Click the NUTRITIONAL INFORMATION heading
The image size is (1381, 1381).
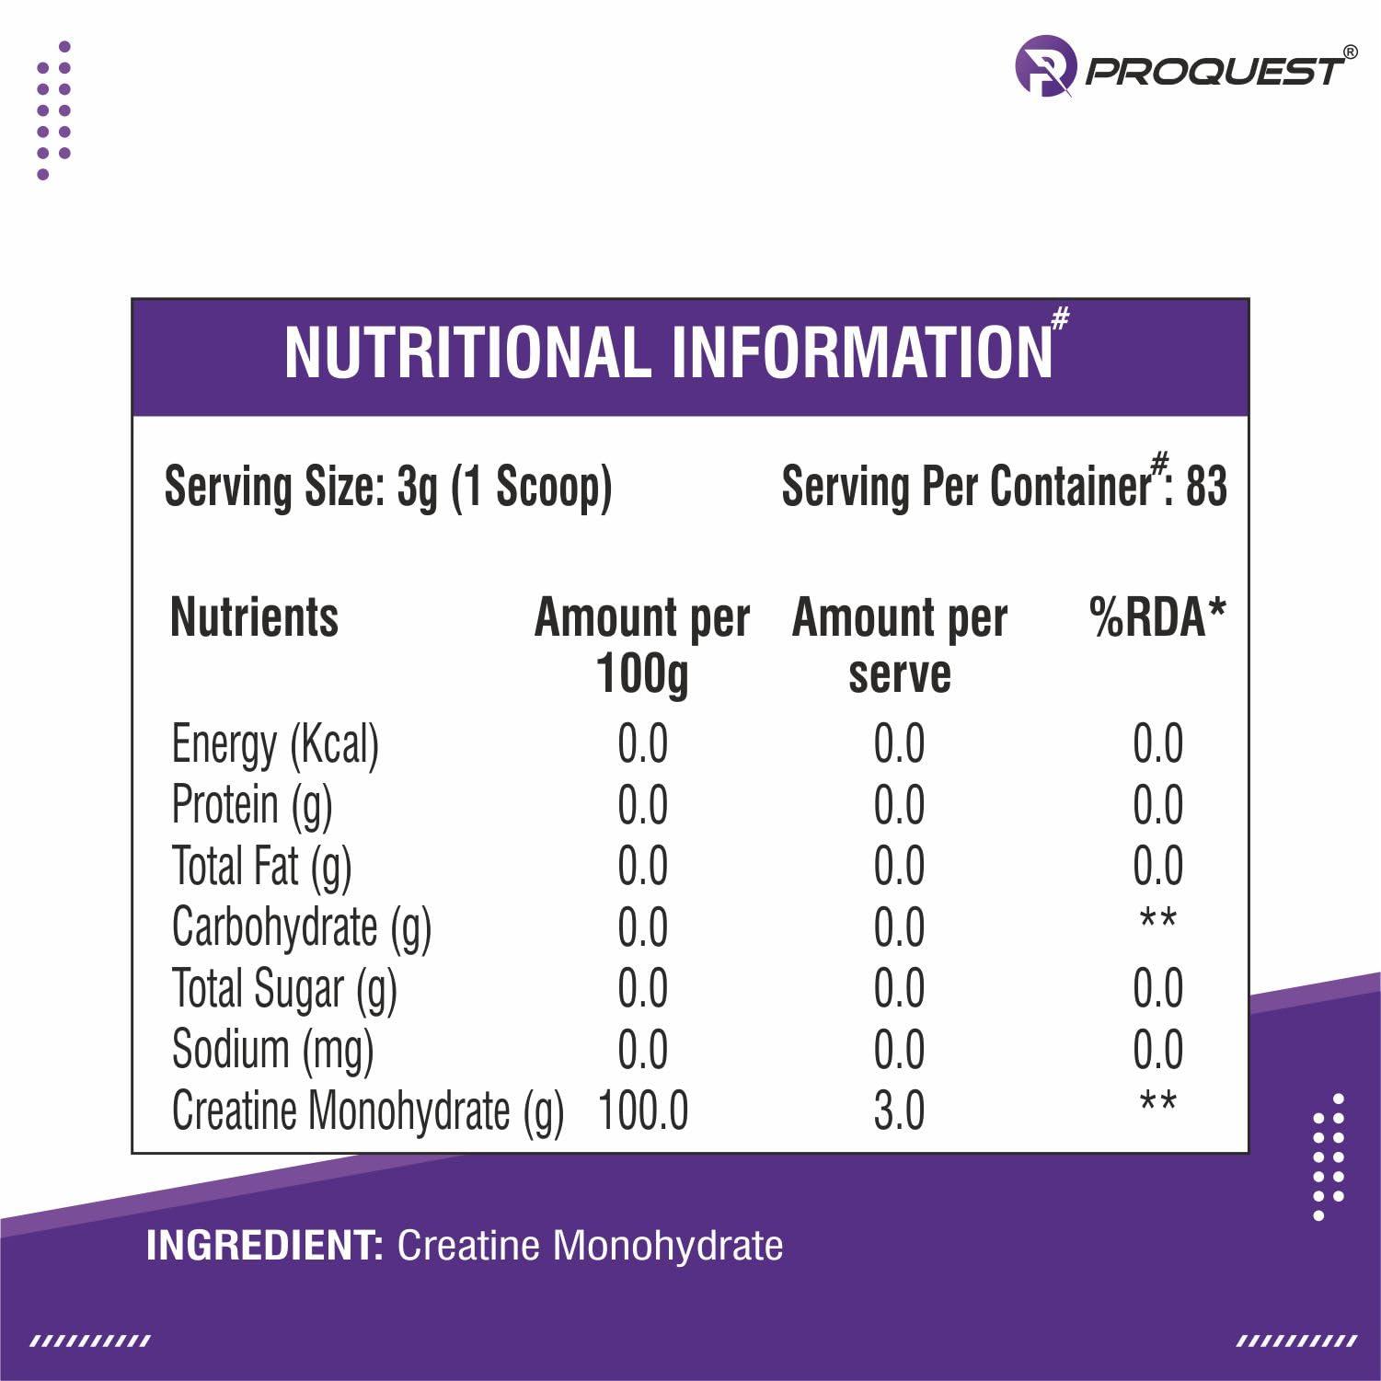tap(670, 352)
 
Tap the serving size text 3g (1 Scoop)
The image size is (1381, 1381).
tap(504, 487)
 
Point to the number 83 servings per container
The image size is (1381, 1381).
tap(1206, 487)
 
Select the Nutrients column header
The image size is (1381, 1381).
tap(255, 617)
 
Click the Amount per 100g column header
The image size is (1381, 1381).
tap(642, 645)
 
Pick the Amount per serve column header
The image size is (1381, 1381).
tap(899, 645)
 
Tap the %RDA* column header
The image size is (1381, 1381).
tap(1157, 617)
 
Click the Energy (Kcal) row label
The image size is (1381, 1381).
tap(275, 744)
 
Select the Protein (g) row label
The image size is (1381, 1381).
tap(252, 805)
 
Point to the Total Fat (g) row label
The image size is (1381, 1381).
tap(262, 867)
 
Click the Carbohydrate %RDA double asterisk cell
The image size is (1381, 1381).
tap(1157, 920)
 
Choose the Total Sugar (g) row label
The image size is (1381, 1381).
tap(284, 989)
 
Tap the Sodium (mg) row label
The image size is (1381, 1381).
tap(273, 1050)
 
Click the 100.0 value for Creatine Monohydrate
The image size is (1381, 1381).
tap(642, 1111)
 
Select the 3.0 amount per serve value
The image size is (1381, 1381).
tap(899, 1111)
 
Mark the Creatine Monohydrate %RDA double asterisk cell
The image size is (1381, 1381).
tap(1157, 1102)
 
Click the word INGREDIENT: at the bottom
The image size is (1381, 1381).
tap(265, 1246)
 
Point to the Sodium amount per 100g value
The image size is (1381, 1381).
tap(642, 1050)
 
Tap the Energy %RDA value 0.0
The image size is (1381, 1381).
tap(1157, 744)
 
